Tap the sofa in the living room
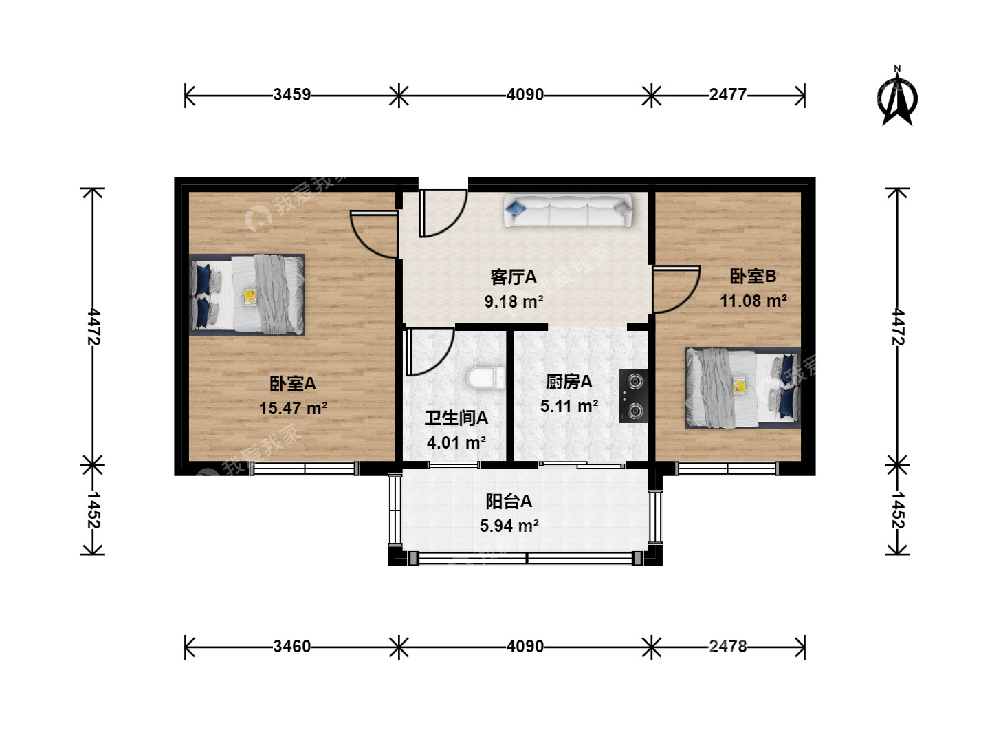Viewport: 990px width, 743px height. (568, 211)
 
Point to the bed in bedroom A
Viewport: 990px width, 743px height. (247, 294)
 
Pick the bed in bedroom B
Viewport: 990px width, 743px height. (742, 387)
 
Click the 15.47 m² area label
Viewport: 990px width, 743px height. (293, 408)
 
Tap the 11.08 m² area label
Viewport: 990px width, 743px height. (753, 301)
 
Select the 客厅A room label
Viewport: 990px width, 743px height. (514, 277)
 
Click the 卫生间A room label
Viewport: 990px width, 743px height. (456, 418)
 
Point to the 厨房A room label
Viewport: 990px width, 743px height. (569, 382)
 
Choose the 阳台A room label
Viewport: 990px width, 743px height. (509, 502)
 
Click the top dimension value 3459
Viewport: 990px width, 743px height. (291, 95)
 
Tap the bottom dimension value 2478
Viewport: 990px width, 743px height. (727, 647)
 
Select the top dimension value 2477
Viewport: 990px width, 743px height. (727, 95)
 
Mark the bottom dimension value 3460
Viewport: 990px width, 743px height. (291, 647)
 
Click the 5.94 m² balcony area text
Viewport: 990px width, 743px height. (509, 526)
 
